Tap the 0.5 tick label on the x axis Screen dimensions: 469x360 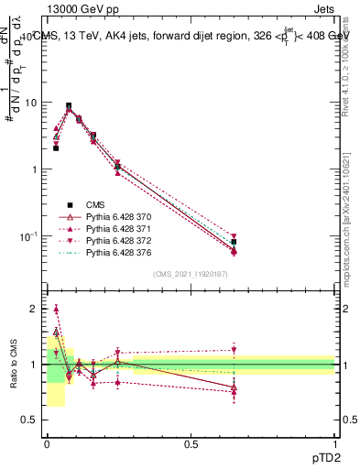tap(191, 443)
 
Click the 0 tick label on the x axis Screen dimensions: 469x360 tap(47, 443)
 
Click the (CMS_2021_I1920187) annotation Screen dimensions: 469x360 tap(191, 274)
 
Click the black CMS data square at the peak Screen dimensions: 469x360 tap(68, 105)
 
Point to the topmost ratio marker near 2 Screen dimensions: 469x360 tap(56, 309)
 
